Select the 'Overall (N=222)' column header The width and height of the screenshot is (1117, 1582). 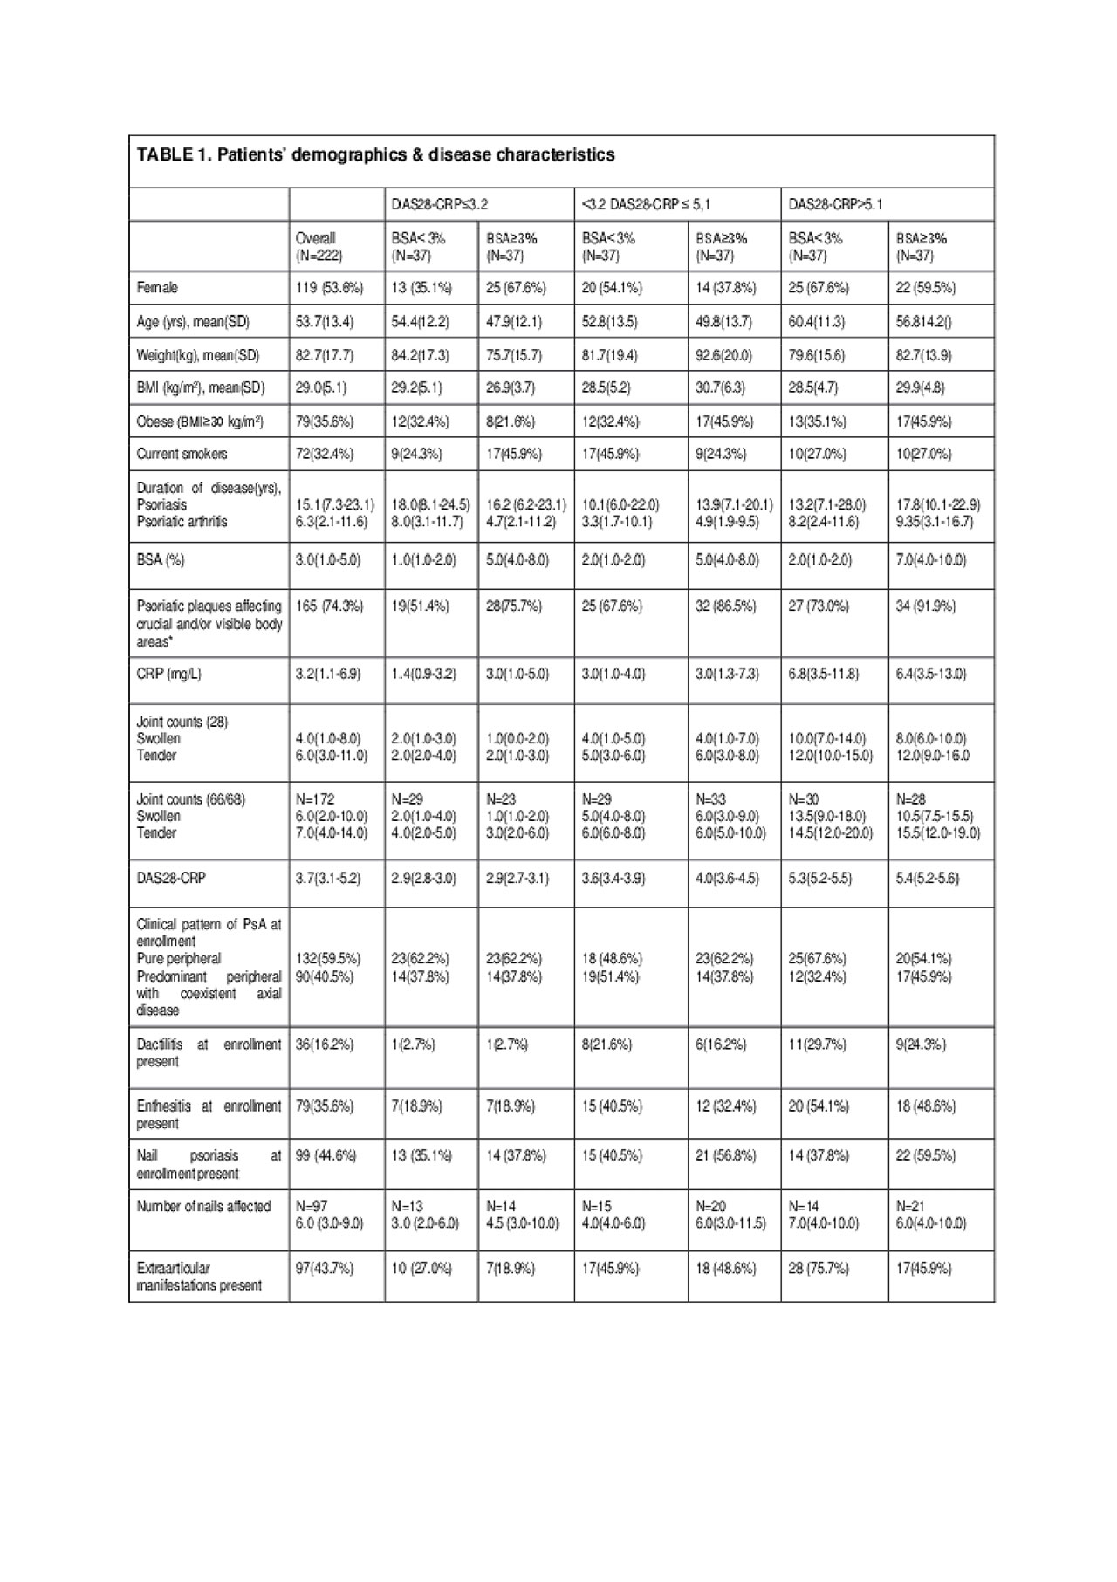(x=319, y=247)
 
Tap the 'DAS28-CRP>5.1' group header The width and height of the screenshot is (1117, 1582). (x=835, y=205)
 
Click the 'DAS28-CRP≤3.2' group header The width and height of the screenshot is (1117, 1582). (x=439, y=205)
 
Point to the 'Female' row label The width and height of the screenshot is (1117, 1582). (x=157, y=288)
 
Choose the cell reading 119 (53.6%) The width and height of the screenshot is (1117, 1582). (x=329, y=288)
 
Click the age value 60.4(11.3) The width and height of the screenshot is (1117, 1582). (x=817, y=321)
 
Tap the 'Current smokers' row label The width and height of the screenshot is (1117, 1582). (x=182, y=454)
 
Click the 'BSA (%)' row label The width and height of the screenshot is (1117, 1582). (x=161, y=560)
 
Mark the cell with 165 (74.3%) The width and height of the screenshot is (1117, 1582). (x=329, y=606)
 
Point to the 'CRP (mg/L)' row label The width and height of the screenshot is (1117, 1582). (x=170, y=674)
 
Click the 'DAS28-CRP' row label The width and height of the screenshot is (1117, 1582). (x=171, y=878)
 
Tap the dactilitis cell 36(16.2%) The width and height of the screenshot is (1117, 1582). (x=325, y=1044)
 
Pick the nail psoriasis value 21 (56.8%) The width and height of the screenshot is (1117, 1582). (x=726, y=1155)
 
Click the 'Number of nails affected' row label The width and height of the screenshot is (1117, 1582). (x=203, y=1207)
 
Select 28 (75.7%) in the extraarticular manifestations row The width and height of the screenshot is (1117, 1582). (x=819, y=1268)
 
